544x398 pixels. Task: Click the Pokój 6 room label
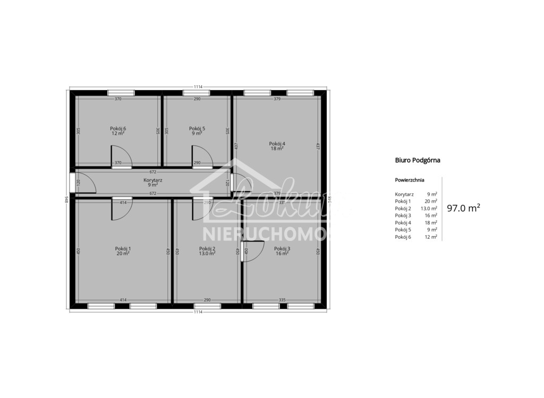tap(118, 128)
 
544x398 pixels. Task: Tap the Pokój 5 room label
tap(197, 128)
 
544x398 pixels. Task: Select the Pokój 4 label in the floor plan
tap(277, 144)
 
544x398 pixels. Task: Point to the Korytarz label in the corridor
tap(153, 180)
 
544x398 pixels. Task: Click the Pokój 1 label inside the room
tap(123, 248)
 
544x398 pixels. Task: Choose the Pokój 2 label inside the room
tap(207, 248)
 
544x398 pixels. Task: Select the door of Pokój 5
tap(201, 158)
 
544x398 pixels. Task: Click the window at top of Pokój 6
tap(121, 93)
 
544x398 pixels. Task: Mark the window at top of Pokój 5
tap(197, 93)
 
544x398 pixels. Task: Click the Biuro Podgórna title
tap(418, 159)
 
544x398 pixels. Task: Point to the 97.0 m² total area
tap(463, 208)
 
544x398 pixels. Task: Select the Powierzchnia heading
tap(410, 180)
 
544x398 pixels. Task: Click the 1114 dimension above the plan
tap(199, 86)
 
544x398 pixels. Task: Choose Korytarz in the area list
tap(404, 194)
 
